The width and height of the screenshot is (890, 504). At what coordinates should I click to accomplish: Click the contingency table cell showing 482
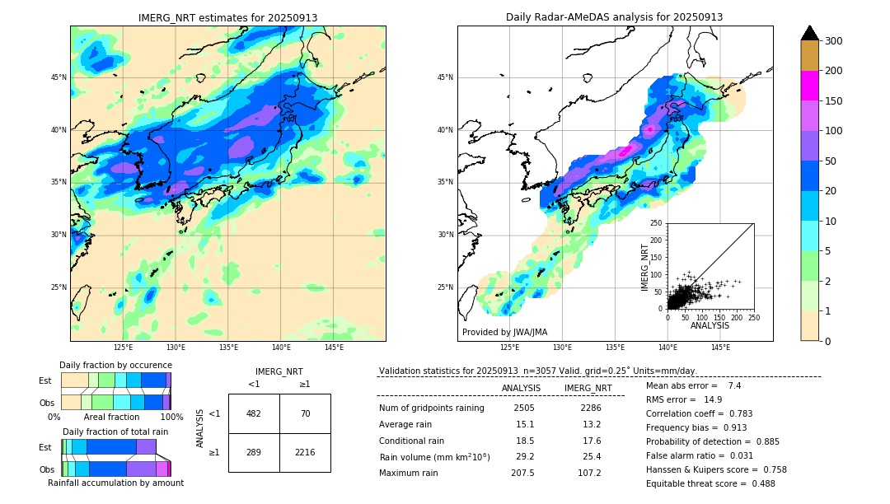(x=254, y=413)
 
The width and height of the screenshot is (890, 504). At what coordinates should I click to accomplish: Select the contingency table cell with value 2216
(x=305, y=452)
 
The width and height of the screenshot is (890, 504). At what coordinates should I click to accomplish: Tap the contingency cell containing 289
(x=254, y=452)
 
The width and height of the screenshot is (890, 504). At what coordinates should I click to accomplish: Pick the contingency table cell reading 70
(x=305, y=413)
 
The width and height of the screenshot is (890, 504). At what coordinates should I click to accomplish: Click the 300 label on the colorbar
(x=834, y=41)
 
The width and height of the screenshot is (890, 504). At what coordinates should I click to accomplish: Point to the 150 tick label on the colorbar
(x=834, y=101)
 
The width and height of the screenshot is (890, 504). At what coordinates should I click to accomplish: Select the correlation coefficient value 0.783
(x=735, y=413)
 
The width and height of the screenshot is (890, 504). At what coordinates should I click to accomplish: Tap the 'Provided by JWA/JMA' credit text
(x=504, y=332)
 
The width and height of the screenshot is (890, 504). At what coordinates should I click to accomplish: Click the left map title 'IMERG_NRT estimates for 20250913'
(x=227, y=17)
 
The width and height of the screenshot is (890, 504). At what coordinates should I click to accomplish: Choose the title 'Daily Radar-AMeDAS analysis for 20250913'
(x=615, y=17)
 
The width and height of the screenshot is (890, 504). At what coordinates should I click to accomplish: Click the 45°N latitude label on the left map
(x=59, y=77)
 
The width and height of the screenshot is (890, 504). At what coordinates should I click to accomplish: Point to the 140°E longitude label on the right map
(x=667, y=348)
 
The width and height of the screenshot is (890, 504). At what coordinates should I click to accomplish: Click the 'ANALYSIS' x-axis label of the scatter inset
(x=710, y=325)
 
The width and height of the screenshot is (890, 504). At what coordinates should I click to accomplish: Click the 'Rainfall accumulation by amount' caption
(x=115, y=483)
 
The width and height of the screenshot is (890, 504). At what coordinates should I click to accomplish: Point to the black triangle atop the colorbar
(x=810, y=33)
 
